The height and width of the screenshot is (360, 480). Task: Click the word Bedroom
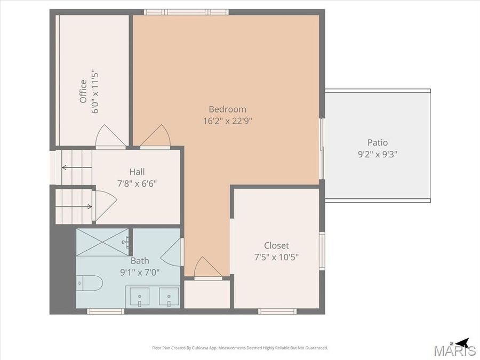[227, 109]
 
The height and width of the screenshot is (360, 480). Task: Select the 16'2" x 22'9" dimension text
[227, 121]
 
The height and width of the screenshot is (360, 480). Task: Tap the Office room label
[83, 91]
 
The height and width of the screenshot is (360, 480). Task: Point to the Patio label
[378, 142]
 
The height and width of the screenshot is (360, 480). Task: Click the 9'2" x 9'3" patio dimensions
[378, 154]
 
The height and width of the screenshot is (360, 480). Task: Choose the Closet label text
[276, 245]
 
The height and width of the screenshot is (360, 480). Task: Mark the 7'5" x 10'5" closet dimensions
[276, 257]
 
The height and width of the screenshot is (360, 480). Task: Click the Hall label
[137, 172]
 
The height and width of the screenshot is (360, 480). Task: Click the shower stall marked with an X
[103, 242]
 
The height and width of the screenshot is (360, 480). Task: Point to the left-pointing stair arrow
[69, 167]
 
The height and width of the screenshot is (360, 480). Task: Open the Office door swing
[110, 137]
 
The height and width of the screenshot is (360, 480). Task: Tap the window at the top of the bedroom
[186, 12]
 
